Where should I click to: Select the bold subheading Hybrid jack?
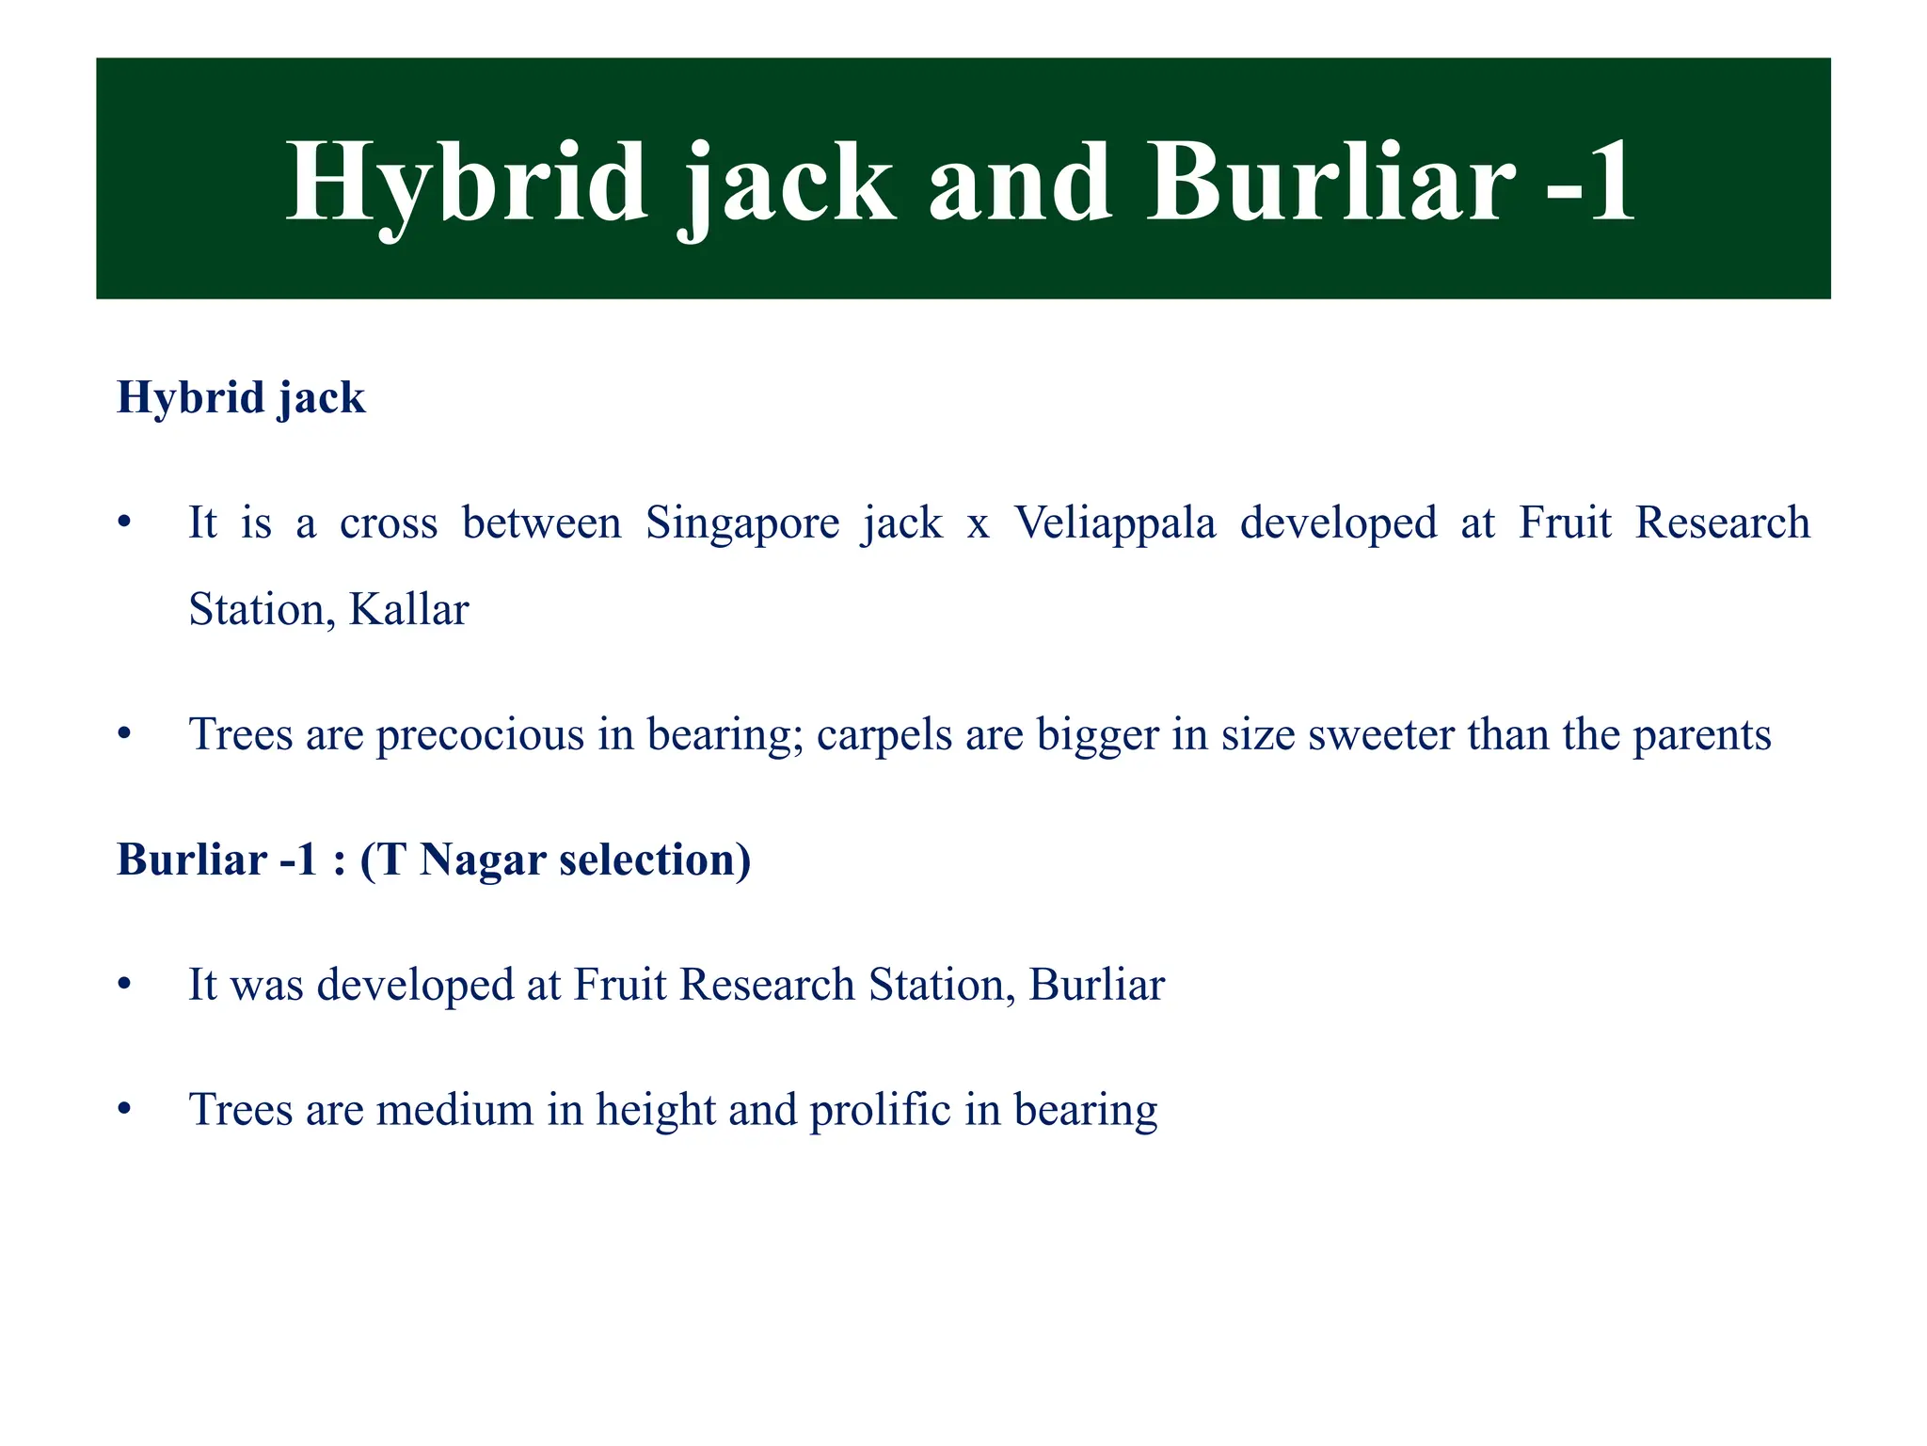[241, 397]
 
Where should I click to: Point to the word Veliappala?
[1114, 523]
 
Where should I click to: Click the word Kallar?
[408, 610]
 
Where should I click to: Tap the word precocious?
[480, 735]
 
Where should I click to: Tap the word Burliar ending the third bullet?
[1097, 986]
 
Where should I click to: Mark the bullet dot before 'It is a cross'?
[124, 523]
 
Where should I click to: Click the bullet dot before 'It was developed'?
[124, 986]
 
